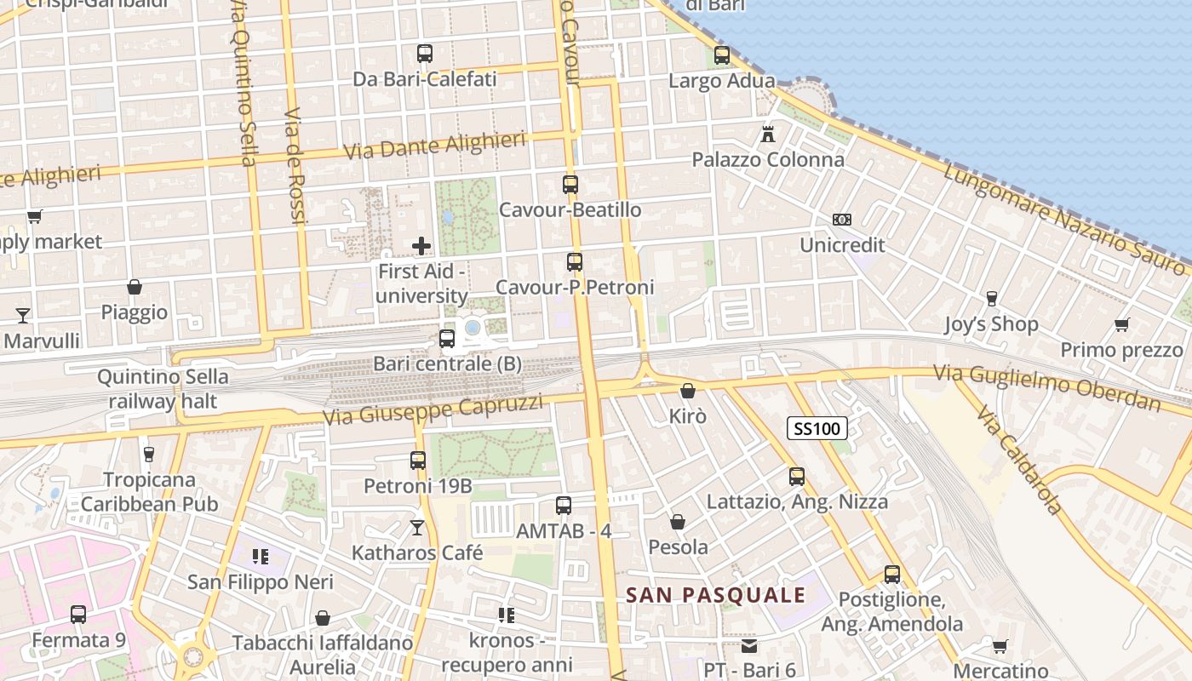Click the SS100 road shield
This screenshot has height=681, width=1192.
pyautogui.click(x=817, y=428)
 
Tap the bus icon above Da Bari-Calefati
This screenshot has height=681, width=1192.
pyautogui.click(x=425, y=54)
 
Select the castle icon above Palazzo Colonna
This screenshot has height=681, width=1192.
pyautogui.click(x=768, y=134)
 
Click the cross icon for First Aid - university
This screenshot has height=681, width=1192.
pyautogui.click(x=421, y=246)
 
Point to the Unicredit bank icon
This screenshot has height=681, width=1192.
pyautogui.click(x=842, y=220)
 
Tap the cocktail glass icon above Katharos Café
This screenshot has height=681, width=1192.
pyautogui.click(x=417, y=528)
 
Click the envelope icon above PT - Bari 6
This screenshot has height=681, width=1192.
pyautogui.click(x=749, y=646)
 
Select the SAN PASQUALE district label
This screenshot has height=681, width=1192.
pyautogui.click(x=716, y=595)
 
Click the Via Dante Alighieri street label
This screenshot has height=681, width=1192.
pyautogui.click(x=434, y=146)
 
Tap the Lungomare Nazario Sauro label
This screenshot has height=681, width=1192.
pyautogui.click(x=1063, y=218)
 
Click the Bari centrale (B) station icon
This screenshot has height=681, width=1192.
pyautogui.click(x=447, y=339)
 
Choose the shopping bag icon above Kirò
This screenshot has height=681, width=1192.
pyautogui.click(x=688, y=391)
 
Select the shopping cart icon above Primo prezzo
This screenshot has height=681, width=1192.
pyautogui.click(x=1122, y=324)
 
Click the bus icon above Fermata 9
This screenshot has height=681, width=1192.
pyautogui.click(x=78, y=614)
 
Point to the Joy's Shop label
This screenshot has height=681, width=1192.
pyautogui.click(x=991, y=324)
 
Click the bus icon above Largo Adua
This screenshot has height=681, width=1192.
pyautogui.click(x=722, y=55)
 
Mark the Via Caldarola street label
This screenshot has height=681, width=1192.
pyautogui.click(x=1019, y=461)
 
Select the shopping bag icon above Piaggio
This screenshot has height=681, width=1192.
pyautogui.click(x=135, y=287)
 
